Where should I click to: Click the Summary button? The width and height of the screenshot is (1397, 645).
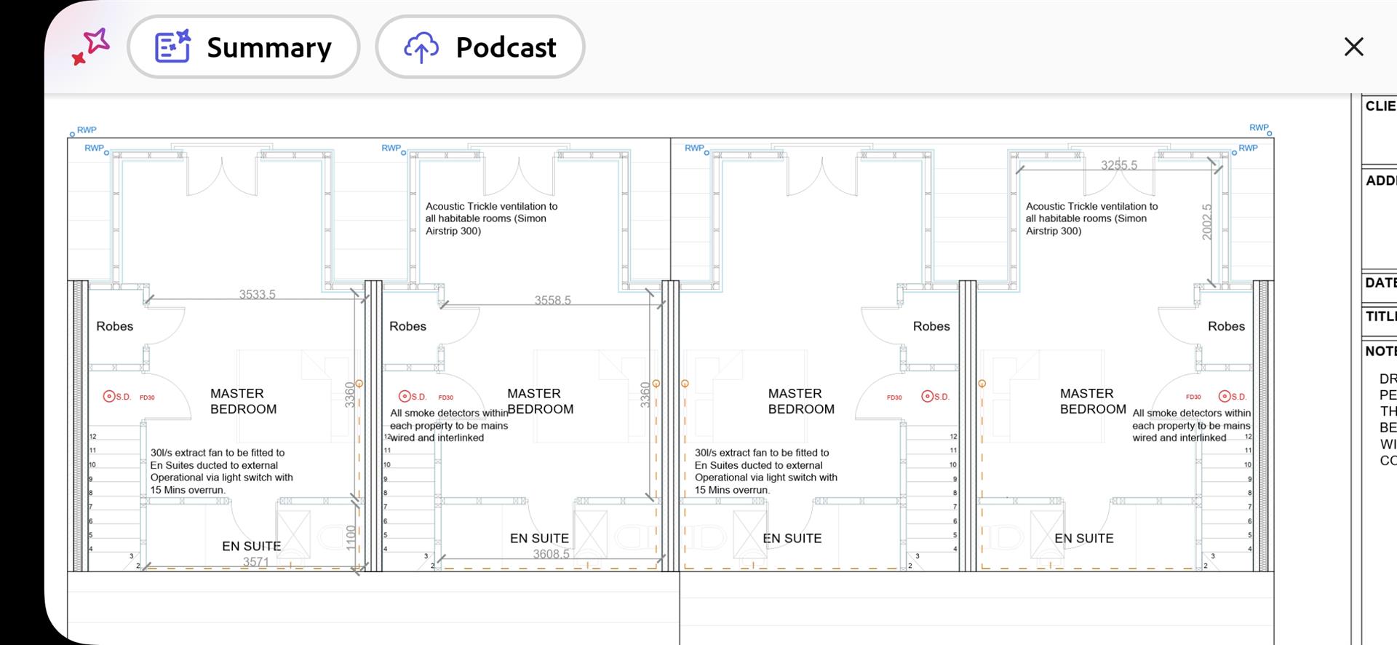243,47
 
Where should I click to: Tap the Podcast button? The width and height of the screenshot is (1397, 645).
480,47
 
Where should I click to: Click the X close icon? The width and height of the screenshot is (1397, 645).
1353,47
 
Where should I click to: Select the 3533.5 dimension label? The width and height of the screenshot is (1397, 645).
257,294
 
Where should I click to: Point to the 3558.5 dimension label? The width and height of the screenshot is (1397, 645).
552,300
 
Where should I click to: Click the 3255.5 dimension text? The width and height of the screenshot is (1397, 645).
1118,165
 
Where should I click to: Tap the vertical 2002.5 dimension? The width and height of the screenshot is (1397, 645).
1207,222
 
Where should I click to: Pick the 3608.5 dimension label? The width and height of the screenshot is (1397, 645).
551,554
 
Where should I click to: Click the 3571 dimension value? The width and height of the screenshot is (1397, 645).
255,562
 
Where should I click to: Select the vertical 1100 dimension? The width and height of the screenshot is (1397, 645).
351,537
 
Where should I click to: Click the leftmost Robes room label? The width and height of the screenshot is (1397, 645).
115,326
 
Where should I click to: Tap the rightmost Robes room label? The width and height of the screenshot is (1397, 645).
1226,326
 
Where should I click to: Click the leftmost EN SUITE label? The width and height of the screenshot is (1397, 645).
251,546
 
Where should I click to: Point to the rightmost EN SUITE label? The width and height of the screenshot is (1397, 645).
1083,539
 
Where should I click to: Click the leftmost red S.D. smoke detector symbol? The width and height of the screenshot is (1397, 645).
110,397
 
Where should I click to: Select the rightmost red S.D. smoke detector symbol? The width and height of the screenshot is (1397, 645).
1225,397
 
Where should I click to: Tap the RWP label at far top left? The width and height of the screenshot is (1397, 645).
86,130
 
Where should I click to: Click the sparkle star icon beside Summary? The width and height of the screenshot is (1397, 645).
91,47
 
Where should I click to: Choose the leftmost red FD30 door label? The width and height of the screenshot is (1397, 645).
147,397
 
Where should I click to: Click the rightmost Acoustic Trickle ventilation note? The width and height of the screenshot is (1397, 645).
1091,218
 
